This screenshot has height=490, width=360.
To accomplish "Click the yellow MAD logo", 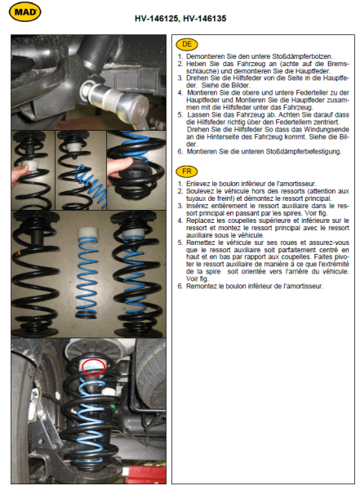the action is click(x=25, y=12).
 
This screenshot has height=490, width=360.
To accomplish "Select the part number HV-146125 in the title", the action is click(x=156, y=19).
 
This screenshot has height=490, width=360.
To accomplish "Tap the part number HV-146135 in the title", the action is click(x=205, y=19).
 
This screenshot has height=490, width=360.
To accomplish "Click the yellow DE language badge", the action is click(x=187, y=44).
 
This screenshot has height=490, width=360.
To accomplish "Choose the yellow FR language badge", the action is click(x=187, y=171).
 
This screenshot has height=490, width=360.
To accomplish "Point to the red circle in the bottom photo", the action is click(x=93, y=367).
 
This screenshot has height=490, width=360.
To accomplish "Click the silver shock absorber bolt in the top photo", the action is click(x=116, y=99).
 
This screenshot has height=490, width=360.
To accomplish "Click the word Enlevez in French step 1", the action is click(x=198, y=184).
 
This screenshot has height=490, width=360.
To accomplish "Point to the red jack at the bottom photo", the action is click(x=145, y=474).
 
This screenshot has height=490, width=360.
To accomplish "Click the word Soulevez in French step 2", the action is click(x=200, y=191).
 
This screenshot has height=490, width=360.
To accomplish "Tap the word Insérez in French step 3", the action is click(x=198, y=206).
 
